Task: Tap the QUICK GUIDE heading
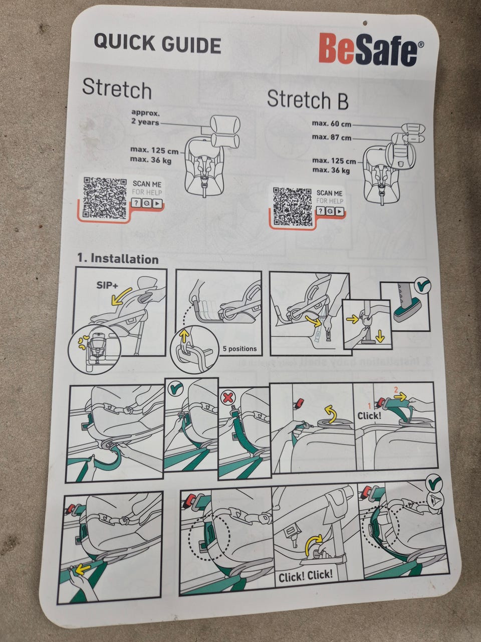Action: pos(157,44)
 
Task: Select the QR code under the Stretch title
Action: pos(105,198)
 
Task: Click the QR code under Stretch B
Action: pos(293,207)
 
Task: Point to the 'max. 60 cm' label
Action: pos(332,124)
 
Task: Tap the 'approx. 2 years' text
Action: pos(145,117)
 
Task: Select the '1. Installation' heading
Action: pos(118,259)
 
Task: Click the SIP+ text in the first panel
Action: pos(107,285)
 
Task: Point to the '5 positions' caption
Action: pos(239,349)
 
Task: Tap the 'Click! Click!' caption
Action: pos(306,576)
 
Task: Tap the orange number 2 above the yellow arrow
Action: pos(396,390)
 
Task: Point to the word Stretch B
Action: pos(308,100)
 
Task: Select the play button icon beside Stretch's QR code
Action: pos(157,203)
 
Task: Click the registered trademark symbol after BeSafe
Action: pos(421,45)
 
